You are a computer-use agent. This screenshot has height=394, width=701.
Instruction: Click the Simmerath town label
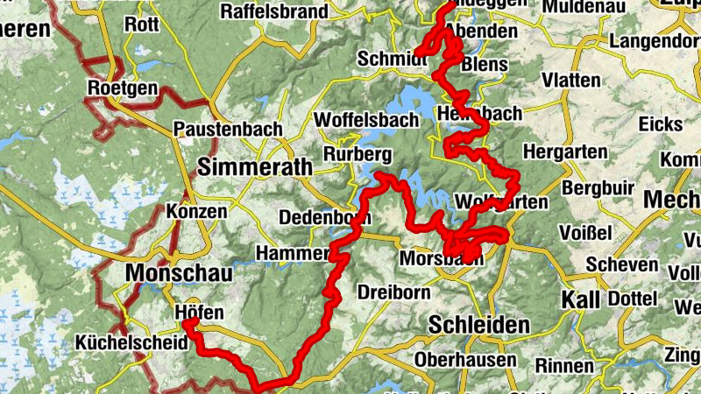pos(243,166)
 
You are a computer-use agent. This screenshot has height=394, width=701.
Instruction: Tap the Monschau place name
pos(179,273)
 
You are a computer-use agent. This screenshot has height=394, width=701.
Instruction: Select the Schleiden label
pos(478,325)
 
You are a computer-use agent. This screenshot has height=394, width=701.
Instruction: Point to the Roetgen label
pos(123,88)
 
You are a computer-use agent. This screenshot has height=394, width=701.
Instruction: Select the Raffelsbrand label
pos(274,11)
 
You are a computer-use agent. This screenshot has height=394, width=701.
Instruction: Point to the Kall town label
pos(582,299)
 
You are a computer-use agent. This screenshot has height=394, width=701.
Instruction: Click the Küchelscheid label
pos(124,342)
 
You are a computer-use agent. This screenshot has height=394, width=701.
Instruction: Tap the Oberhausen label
pos(464,360)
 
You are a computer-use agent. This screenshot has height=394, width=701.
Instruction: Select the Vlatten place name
pos(571,81)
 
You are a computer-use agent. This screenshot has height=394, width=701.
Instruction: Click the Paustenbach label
pos(228,129)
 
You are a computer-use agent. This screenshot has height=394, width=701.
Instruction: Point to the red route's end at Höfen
pos(187,325)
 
